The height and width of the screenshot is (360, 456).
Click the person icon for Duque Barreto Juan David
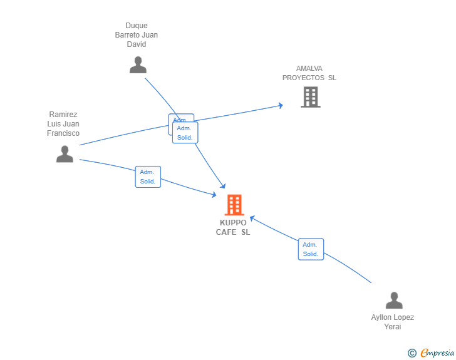coord(138,65)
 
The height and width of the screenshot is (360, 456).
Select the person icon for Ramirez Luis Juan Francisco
coord(65,154)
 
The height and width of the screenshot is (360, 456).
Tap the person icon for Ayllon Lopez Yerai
coord(393,301)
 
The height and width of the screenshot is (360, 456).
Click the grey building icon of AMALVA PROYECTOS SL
coord(310,97)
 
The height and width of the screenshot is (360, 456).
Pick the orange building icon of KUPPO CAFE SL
coord(234,205)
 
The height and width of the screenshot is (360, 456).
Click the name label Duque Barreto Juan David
coord(137,35)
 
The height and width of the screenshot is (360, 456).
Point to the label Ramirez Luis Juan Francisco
coord(63,124)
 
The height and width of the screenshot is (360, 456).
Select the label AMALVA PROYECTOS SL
coord(309,73)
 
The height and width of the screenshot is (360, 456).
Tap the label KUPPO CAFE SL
coord(233,227)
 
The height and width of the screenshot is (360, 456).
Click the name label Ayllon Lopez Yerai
coord(393,322)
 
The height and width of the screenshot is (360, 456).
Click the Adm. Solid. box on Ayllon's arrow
coord(311,249)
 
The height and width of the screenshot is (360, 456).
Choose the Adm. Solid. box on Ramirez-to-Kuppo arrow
coord(148,177)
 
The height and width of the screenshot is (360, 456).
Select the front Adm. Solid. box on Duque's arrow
coord(185,133)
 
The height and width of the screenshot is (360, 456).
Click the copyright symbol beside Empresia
coord(412,353)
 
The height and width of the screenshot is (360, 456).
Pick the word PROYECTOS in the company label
coord(303,78)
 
